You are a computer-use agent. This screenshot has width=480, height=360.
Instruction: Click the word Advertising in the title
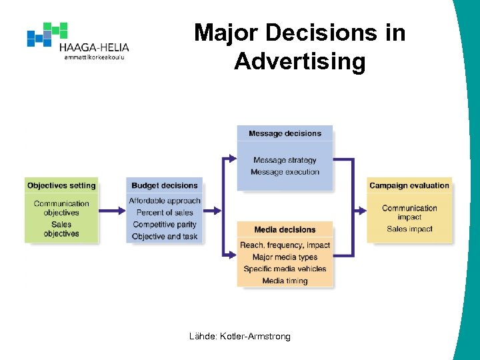pyautogui.click(x=299, y=61)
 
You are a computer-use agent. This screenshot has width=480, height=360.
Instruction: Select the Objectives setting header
pyautogui.click(x=61, y=185)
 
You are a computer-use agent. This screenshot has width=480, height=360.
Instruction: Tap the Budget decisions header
pyautogui.click(x=164, y=185)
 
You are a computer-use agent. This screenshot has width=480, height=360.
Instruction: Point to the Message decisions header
pyautogui.click(x=285, y=133)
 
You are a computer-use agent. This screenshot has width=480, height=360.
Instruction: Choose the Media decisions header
pyautogui.click(x=285, y=230)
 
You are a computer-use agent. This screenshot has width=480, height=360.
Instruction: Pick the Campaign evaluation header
pyautogui.click(x=409, y=185)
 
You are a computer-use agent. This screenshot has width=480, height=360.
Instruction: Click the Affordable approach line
pyautogui.click(x=165, y=201)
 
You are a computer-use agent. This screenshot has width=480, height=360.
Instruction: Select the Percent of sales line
pyautogui.click(x=165, y=213)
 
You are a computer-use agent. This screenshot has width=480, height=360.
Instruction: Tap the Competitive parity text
pyautogui.click(x=165, y=225)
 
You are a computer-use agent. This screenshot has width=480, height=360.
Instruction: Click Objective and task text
pyautogui.click(x=165, y=237)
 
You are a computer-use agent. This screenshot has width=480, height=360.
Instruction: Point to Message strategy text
pyautogui.click(x=285, y=160)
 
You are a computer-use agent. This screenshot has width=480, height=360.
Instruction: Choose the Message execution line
pyautogui.click(x=285, y=172)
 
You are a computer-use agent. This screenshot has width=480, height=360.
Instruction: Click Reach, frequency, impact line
pyautogui.click(x=285, y=245)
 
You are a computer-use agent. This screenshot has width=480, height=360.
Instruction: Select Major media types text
pyautogui.click(x=285, y=257)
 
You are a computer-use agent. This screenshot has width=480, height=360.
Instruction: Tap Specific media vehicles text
pyautogui.click(x=285, y=269)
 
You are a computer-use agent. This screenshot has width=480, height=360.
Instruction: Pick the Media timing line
pyautogui.click(x=285, y=281)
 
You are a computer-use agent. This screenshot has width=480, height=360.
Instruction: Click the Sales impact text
pyautogui.click(x=409, y=229)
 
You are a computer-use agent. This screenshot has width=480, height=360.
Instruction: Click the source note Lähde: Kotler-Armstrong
pyautogui.click(x=240, y=337)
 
